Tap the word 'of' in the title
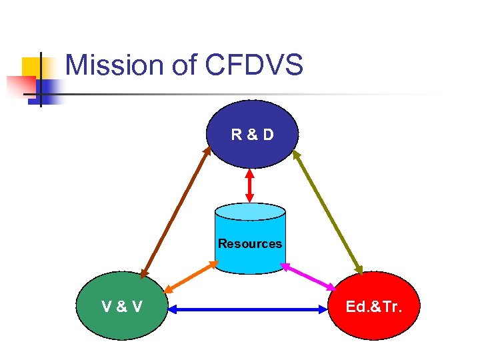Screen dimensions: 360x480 click(180, 65)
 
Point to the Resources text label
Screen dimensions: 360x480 click(250, 243)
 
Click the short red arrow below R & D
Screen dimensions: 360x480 click(250, 185)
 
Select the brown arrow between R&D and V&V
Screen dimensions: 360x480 click(175, 212)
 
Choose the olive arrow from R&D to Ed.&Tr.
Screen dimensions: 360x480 click(327, 212)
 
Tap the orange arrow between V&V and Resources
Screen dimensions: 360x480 click(191, 277)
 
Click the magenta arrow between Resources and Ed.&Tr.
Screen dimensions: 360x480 click(309, 276)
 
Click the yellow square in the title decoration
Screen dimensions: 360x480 click(31, 67)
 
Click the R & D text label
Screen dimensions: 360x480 click(252, 135)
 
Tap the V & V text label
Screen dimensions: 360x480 click(121, 307)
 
